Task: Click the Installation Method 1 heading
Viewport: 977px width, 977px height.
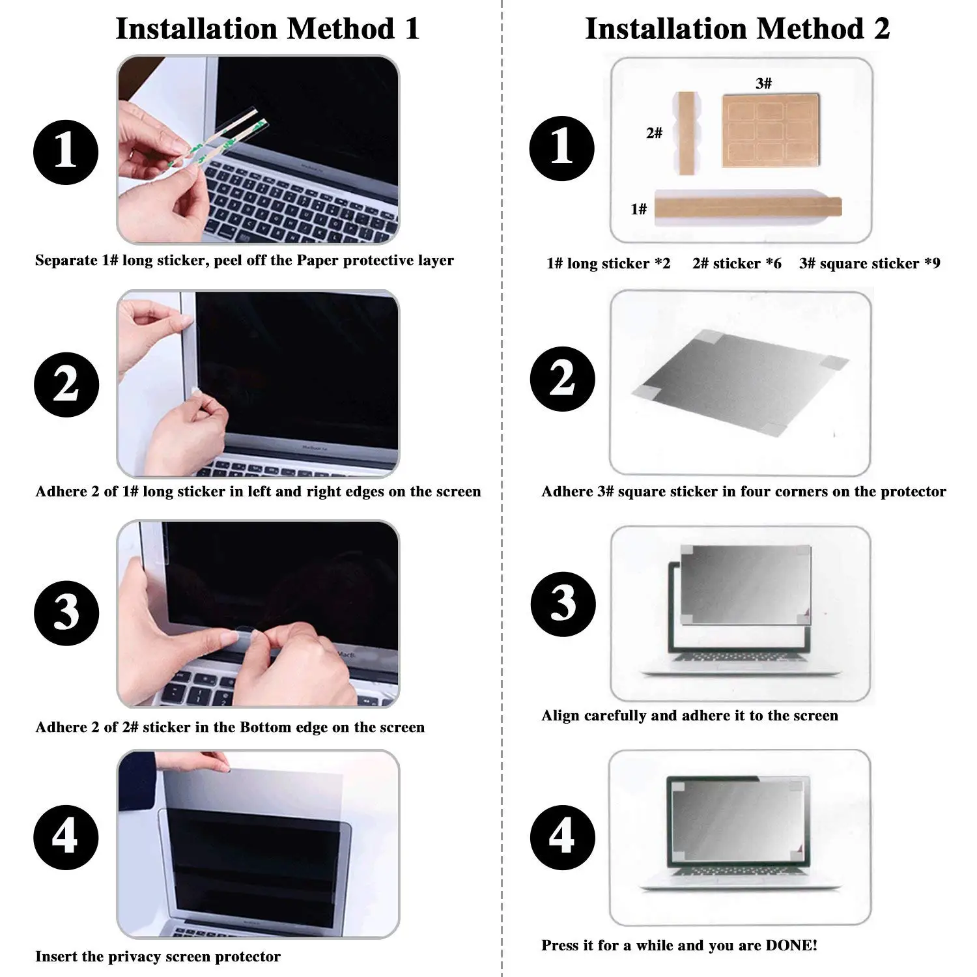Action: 267,29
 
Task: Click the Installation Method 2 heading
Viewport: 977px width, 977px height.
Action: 737,29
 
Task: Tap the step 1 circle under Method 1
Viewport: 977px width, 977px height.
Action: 66,152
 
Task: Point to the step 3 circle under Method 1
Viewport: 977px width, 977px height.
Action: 66,613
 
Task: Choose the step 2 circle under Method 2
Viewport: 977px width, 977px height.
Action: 563,379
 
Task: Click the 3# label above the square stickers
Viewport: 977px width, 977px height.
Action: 764,83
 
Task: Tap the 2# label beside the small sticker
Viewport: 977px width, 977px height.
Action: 654,133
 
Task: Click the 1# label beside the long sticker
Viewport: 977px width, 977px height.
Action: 639,209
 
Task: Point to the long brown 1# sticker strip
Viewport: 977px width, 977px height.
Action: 748,207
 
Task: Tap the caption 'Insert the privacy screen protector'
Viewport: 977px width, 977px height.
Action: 158,957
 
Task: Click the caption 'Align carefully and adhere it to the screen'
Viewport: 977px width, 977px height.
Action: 690,716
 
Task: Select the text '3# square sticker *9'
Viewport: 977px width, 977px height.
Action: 870,263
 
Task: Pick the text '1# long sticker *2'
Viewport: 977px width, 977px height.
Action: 608,263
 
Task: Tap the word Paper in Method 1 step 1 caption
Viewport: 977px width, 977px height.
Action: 318,261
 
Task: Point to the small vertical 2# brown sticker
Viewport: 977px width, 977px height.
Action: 686,134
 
